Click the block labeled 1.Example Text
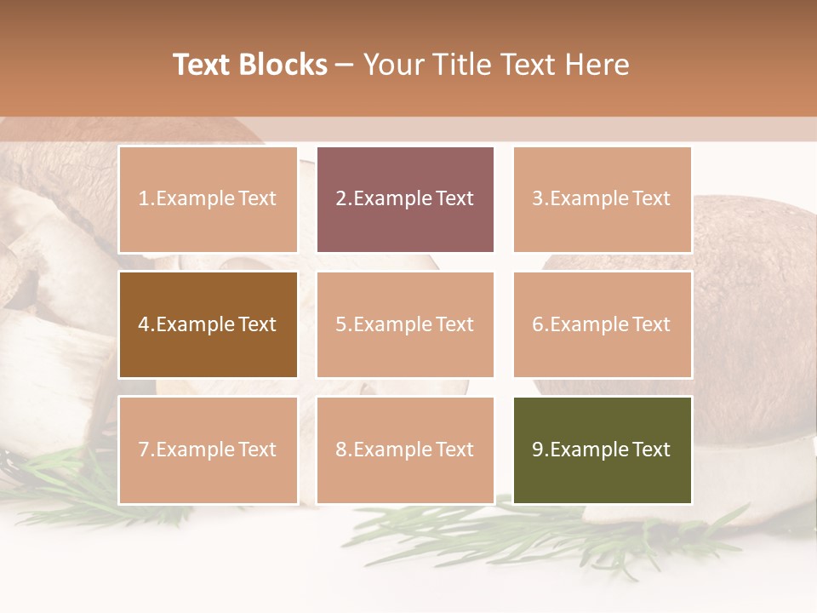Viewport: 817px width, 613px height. tap(208, 199)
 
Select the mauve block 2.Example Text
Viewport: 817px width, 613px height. tap(405, 199)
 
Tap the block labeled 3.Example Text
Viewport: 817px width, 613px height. tap(602, 199)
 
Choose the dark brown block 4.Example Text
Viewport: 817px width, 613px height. tap(208, 324)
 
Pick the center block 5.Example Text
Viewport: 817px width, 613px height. tap(405, 324)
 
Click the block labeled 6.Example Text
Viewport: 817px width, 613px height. tap(602, 324)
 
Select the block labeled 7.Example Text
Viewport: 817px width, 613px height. tap(208, 450)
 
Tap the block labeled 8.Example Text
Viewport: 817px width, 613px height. tap(405, 450)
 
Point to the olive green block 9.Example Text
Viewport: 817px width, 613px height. tap(602, 450)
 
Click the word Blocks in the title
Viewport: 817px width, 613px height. tap(284, 65)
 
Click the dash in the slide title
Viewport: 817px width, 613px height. tap(346, 65)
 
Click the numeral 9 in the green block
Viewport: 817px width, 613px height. tap(538, 450)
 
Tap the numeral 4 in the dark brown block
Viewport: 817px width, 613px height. tap(144, 324)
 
